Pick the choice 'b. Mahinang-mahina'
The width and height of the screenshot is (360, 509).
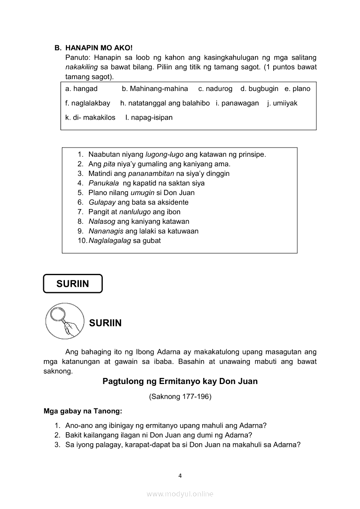coord(155,89)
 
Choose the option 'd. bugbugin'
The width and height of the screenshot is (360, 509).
coord(259,89)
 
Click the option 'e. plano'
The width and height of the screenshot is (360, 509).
coord(297,89)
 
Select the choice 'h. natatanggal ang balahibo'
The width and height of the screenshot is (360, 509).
coord(165,103)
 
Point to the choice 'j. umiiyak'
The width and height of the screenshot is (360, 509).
coord(282,103)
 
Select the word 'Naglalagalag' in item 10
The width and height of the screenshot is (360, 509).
coord(109,241)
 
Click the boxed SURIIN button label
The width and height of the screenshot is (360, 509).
coord(72,284)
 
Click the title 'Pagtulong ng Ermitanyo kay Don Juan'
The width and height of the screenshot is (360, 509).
coord(180,381)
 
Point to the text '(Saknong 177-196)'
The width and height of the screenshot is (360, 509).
coord(180,397)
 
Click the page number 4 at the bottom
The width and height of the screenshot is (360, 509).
coord(180,475)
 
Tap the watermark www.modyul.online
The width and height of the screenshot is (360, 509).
coord(180,494)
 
